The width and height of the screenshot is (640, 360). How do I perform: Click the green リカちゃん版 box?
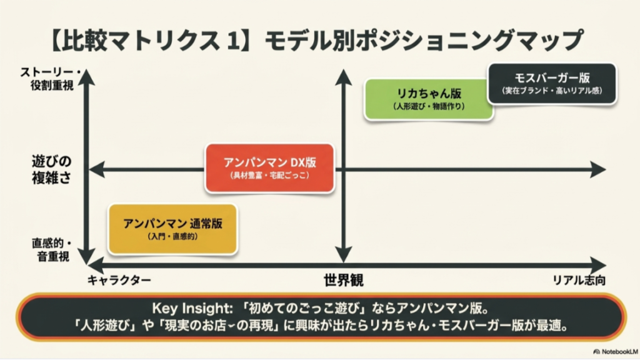tap(429, 99)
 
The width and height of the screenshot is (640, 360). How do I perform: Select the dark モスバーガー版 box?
tap(552, 84)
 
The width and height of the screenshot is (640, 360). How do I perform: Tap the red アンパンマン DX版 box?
tap(269, 168)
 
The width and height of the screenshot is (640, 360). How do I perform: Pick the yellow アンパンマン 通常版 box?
tap(172, 229)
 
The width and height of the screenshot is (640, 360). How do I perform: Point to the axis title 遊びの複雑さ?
tap(51, 169)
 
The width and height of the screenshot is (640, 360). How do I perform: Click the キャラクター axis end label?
tap(119, 280)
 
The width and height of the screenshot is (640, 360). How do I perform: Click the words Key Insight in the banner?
tap(189, 308)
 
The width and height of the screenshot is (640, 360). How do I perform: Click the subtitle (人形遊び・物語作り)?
tap(429, 107)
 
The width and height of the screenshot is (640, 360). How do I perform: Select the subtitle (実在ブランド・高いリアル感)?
tap(552, 92)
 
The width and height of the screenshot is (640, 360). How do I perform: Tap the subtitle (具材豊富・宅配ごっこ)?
tap(269, 177)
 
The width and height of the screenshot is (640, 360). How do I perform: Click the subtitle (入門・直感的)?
tap(172, 237)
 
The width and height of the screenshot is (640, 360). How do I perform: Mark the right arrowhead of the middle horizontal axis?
tap(598, 169)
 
